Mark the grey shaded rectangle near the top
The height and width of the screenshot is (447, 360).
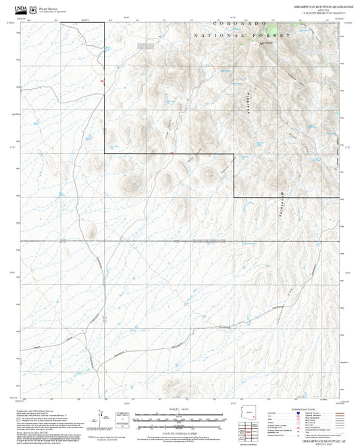tap(146, 46)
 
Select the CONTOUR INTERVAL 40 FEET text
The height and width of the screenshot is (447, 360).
tap(180, 431)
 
